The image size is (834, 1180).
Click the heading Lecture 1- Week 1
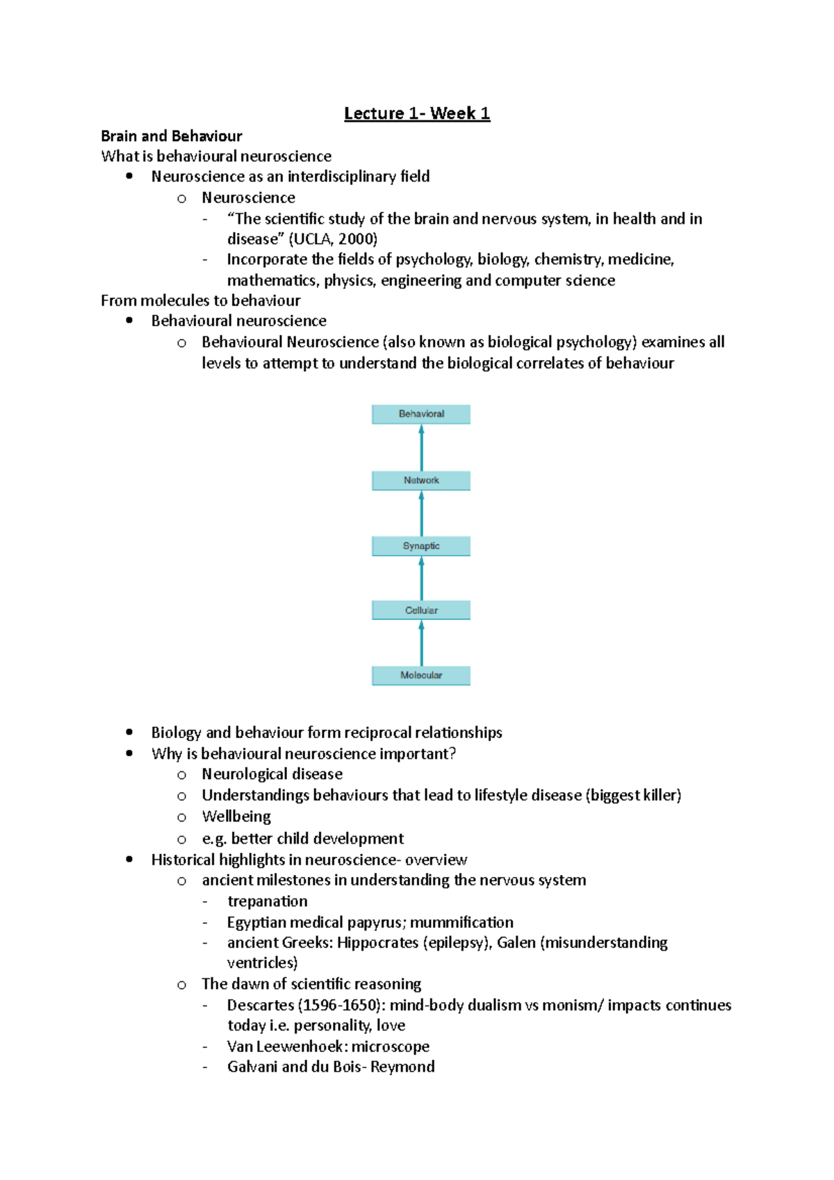(417, 113)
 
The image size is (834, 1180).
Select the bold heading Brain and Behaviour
(171, 136)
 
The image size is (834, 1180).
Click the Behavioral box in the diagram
(421, 414)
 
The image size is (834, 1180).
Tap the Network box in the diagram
(421, 480)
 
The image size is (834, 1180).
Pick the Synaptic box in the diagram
(421, 546)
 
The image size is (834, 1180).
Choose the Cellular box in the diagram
(421, 610)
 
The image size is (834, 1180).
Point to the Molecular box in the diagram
(421, 675)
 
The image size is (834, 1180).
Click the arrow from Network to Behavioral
(421, 448)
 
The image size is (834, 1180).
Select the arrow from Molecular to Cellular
(421, 644)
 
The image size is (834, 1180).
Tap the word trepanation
(268, 901)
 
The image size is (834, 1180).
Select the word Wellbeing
(236, 817)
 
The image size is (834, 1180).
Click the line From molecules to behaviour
(200, 300)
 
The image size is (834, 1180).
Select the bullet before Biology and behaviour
(129, 732)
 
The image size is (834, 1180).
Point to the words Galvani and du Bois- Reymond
(331, 1067)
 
